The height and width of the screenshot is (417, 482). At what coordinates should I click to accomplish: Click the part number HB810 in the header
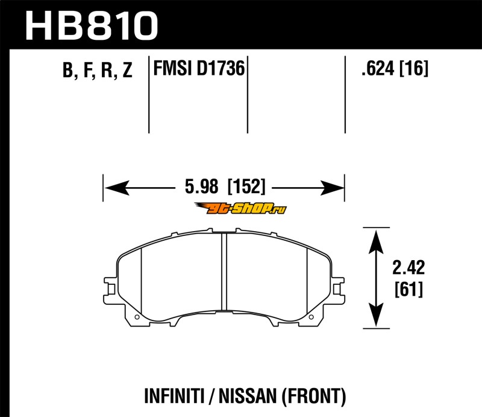tap(92, 25)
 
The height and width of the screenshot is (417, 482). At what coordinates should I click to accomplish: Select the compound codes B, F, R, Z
tap(98, 70)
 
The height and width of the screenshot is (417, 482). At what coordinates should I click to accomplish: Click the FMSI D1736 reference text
tap(199, 68)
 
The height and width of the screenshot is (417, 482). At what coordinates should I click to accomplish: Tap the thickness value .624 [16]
tap(395, 68)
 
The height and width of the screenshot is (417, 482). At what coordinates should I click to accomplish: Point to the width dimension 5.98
tap(202, 186)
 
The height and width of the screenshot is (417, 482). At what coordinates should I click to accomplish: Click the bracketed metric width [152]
tap(246, 186)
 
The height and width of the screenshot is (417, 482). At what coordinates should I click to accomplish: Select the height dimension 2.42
tap(408, 267)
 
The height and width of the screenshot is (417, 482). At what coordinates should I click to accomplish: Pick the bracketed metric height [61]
tap(409, 289)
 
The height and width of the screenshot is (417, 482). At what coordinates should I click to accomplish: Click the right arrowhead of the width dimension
tap(332, 188)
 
